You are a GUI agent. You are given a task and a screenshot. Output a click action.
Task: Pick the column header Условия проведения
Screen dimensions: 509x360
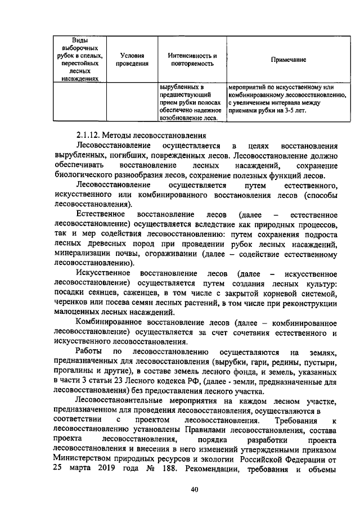[132, 60]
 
